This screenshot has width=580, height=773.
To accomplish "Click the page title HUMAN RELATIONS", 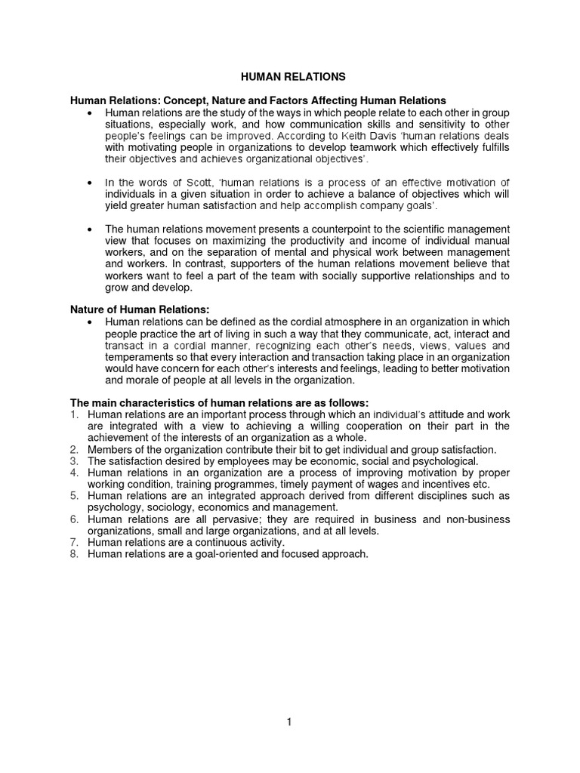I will pos(293,76).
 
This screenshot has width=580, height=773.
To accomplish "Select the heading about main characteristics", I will pos(219,403).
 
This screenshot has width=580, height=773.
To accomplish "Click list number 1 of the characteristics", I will pos(74,415).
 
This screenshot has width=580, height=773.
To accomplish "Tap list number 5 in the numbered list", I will pos(74,496).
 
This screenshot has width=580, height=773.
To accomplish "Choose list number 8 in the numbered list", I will pos(74,553).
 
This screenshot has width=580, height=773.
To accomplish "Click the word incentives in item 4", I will pos(446,484).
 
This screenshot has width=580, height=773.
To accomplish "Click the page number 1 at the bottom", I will pos(288,722).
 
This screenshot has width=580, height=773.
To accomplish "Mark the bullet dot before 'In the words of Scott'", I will pos(90,183).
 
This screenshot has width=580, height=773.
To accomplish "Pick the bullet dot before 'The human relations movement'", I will pos(90,229).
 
